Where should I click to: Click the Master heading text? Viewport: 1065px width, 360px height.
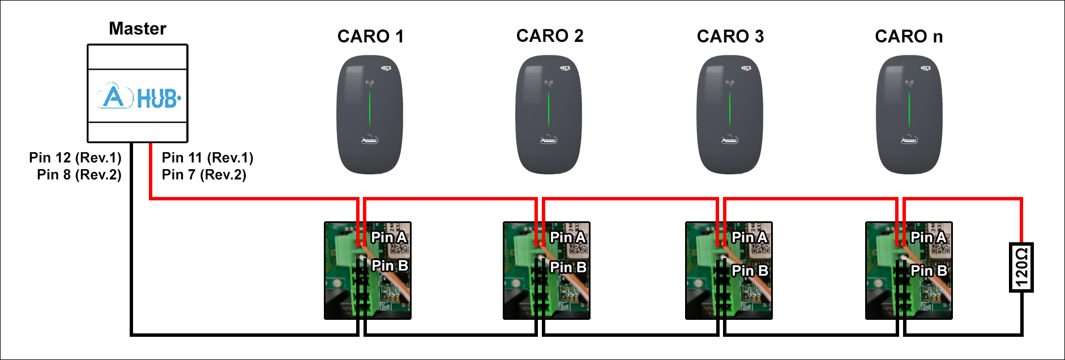point(138,28)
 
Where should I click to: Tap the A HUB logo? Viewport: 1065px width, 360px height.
point(138,97)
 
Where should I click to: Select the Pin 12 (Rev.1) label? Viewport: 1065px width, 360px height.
point(75,157)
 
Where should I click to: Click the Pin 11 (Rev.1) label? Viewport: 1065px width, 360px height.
point(207,157)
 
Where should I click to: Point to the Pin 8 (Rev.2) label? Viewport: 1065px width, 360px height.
point(79,174)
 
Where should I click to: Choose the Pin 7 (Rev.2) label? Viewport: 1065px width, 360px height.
point(204,174)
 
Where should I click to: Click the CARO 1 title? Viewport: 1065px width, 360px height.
point(370,36)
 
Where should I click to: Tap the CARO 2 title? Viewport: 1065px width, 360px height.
point(550,36)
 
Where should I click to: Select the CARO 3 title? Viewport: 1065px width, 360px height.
point(730,36)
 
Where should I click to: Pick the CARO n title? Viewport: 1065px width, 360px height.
point(909,36)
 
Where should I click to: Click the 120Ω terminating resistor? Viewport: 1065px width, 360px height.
point(1021,267)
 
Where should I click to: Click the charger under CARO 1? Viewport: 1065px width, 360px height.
point(370,114)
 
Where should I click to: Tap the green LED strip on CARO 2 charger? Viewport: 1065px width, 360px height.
point(549,109)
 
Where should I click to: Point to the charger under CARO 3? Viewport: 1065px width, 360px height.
point(730,114)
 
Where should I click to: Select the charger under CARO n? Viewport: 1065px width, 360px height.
point(909,114)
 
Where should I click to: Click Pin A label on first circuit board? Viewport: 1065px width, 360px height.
point(389,237)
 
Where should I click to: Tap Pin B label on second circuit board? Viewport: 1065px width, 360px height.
point(568,267)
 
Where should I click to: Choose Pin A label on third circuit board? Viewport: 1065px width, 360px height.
point(750,237)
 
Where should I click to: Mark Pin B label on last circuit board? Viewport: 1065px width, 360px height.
point(929,271)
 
